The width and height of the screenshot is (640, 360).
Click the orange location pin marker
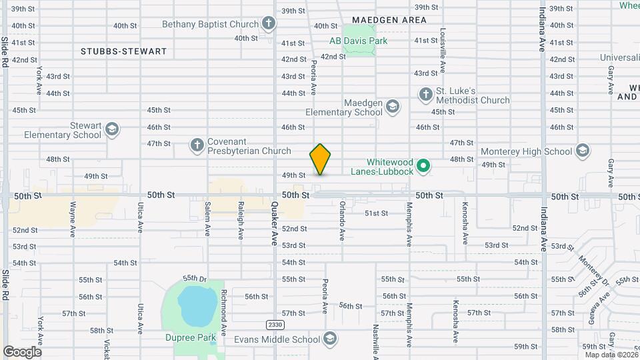[320, 159]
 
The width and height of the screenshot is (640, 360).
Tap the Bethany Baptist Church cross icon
[268, 25]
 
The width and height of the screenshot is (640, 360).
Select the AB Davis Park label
[358, 41]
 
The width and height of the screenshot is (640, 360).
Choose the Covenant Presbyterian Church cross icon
[197, 145]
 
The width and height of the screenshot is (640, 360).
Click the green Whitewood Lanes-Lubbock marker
[423, 165]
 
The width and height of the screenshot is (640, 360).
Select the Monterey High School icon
[583, 151]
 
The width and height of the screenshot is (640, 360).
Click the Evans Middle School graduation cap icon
[329, 339]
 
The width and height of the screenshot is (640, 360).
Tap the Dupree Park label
[191, 337]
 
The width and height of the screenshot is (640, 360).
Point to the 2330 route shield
[274, 325]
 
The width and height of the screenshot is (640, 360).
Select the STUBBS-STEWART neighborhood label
[123, 51]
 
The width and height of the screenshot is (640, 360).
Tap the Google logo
[22, 351]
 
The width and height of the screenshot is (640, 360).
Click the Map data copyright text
[611, 355]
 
